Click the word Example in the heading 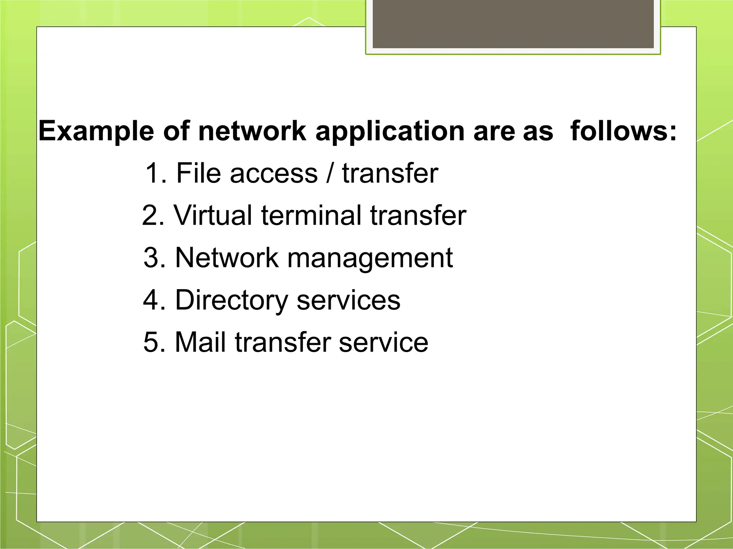coord(96,132)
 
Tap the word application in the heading coord(390,132)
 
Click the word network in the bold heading coord(252,131)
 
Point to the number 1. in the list coord(156,173)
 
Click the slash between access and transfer coord(330,173)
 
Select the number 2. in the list coord(154,216)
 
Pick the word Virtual coord(213,216)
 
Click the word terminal coord(311,216)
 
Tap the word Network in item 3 coord(227,258)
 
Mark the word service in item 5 coord(383,342)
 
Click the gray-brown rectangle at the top coord(513,24)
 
